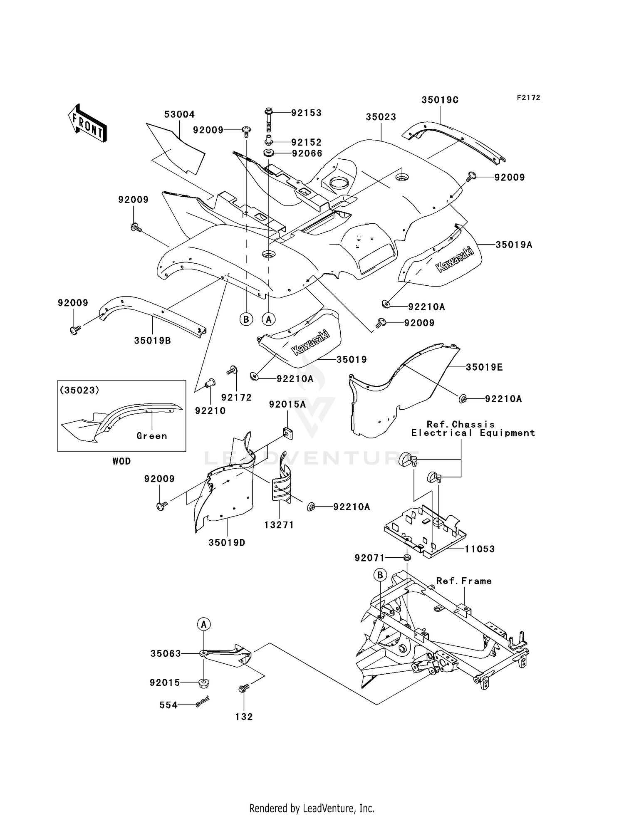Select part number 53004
[179, 114]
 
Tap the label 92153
[306, 113]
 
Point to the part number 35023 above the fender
[381, 117]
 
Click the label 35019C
[440, 100]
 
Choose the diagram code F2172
[528, 98]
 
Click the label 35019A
[514, 245]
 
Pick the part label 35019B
[152, 341]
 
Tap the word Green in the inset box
[152, 436]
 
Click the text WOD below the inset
[121, 461]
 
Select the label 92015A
[287, 404]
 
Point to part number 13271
[279, 525]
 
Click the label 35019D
[227, 543]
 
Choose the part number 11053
[480, 549]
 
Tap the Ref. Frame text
[464, 581]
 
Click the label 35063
[166, 654]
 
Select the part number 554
[168, 705]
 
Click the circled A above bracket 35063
[204, 624]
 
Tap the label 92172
[236, 398]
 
